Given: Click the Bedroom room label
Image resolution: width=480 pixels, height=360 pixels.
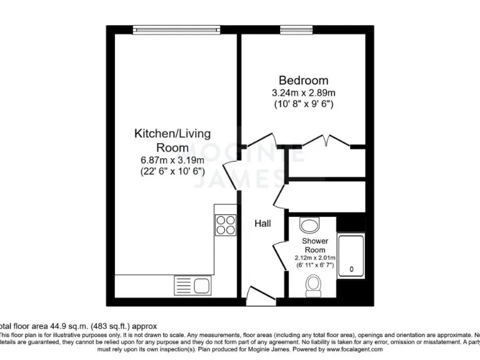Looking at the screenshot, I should (303, 81).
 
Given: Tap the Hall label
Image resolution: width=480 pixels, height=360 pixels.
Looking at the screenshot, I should (262, 223).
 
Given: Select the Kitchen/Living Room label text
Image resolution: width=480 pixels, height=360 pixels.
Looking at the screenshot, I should (172, 141).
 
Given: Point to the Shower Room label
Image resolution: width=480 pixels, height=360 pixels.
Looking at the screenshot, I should (315, 245).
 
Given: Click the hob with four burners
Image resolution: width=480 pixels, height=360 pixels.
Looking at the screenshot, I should (225, 224).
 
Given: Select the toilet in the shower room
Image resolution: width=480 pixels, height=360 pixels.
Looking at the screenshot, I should (313, 286).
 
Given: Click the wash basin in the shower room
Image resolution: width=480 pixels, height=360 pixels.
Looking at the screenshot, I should (309, 224).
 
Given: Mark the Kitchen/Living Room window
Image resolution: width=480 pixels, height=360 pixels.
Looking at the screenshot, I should (176, 29).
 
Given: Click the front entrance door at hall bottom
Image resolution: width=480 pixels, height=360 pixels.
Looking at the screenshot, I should (257, 292).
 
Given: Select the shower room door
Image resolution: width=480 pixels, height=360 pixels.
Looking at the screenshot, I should (279, 254).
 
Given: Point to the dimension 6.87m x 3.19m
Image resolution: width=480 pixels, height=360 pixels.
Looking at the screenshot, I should (172, 160).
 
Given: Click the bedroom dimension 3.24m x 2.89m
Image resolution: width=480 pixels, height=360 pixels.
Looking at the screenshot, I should (303, 93).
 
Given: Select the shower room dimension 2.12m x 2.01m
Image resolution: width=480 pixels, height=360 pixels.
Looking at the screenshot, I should (315, 257).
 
